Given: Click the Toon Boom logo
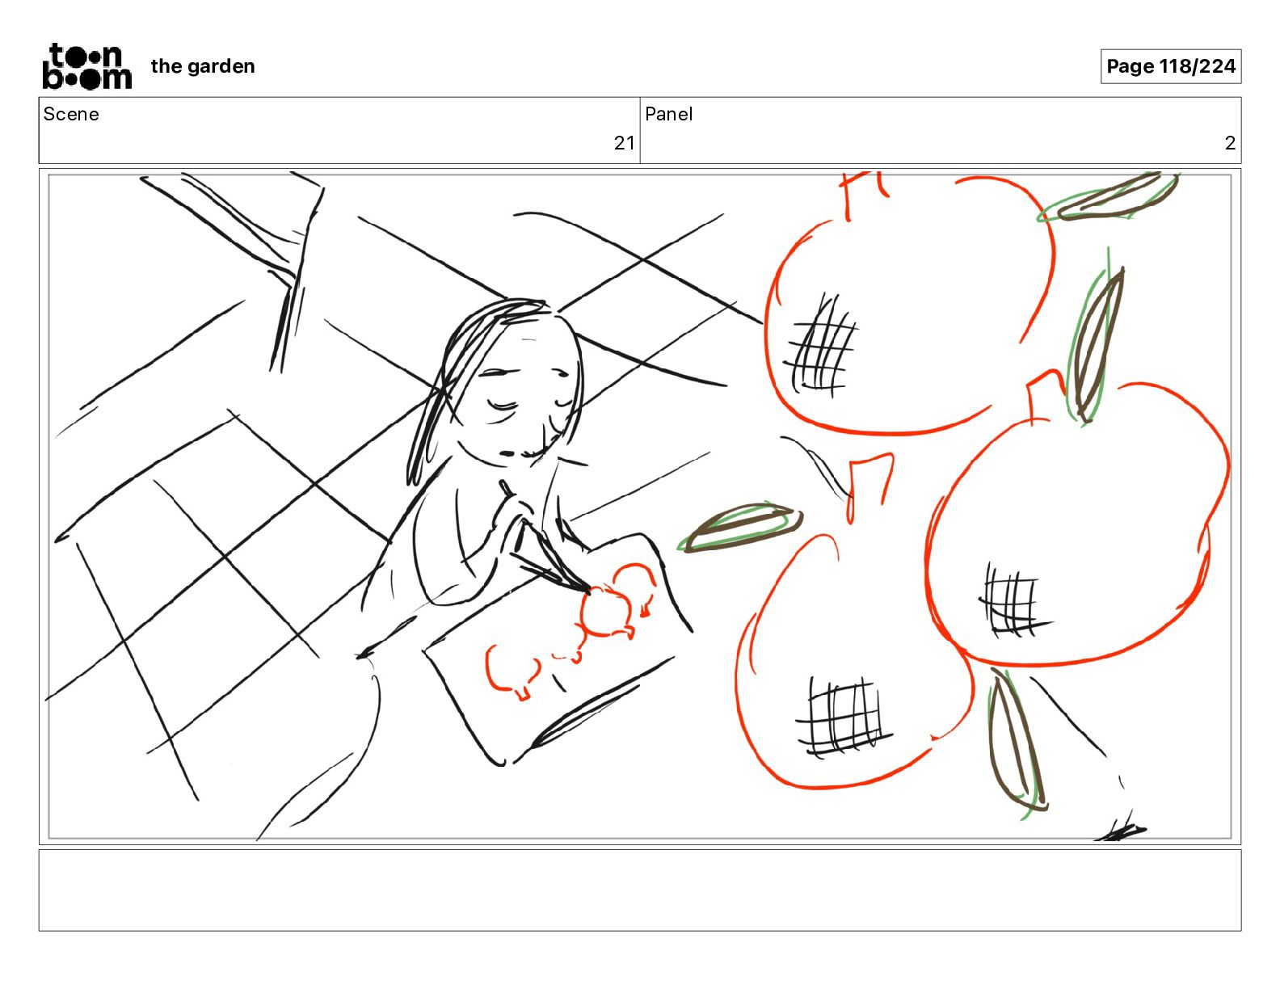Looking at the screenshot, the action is click(87, 66).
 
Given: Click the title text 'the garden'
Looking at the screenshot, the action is click(203, 66).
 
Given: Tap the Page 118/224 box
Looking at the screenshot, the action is click(1170, 66).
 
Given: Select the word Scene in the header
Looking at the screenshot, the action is click(70, 114).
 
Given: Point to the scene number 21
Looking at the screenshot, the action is click(624, 143).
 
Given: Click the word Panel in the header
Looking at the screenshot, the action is click(668, 114).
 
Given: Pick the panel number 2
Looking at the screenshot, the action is click(1230, 143).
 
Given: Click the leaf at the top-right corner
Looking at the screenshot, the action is click(1107, 197).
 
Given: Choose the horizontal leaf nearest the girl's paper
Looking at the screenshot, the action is click(741, 527).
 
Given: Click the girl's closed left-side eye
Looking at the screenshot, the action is click(503, 406).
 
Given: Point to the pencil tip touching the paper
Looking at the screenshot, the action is click(586, 588).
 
